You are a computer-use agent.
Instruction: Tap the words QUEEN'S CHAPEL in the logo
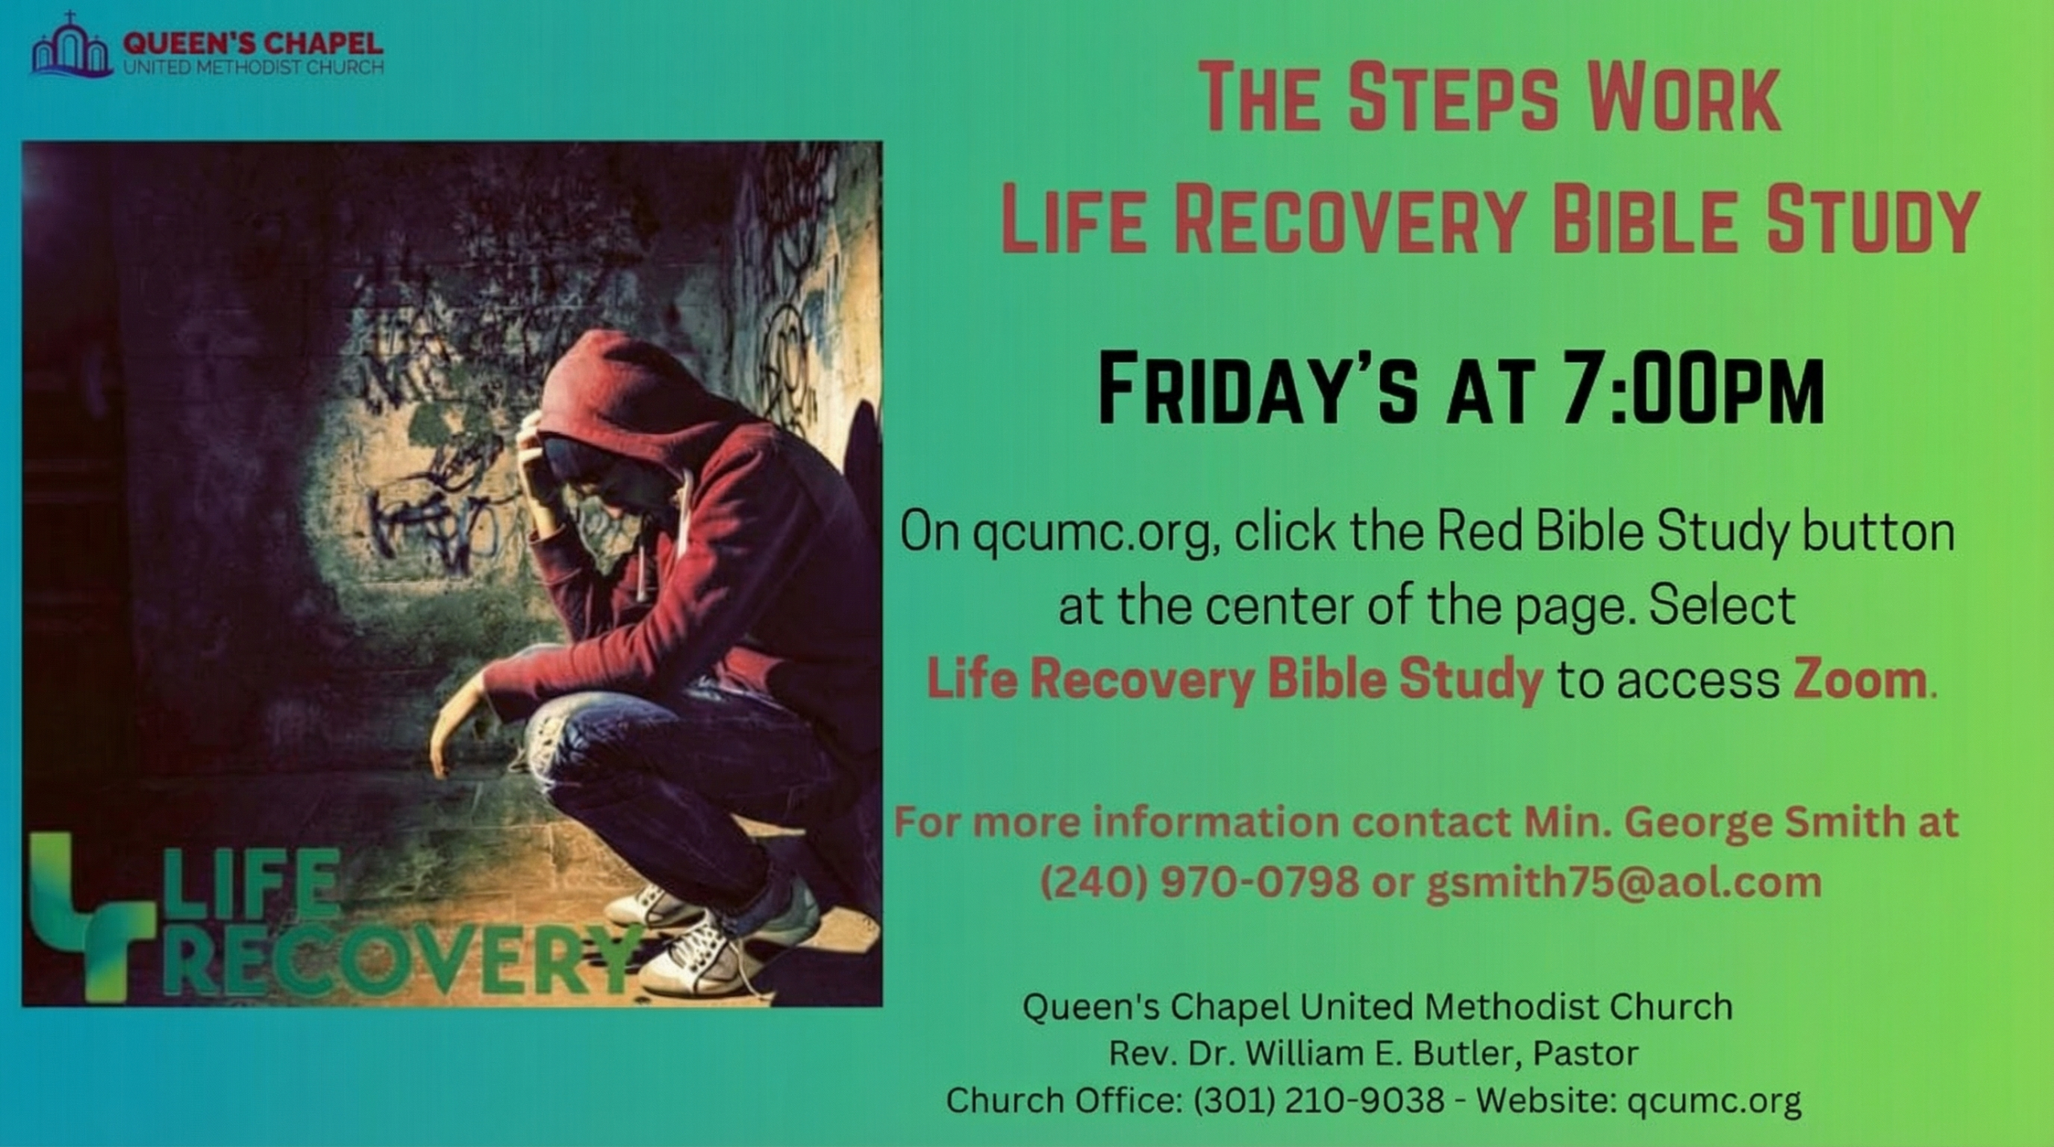click(252, 42)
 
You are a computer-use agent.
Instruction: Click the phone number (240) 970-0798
click(1199, 883)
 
